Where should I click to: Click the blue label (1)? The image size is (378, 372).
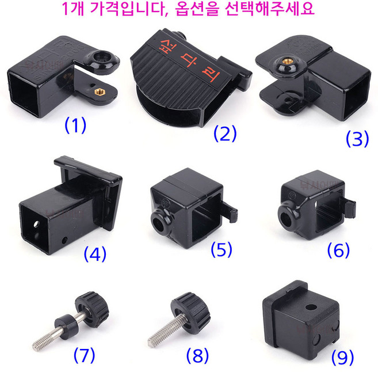[x=75, y=125]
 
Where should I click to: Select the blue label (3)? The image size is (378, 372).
[x=357, y=139]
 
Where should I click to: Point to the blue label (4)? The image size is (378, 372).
[x=94, y=253]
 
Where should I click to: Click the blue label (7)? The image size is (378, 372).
[x=84, y=356]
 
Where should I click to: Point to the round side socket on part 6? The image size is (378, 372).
[x=285, y=218]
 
